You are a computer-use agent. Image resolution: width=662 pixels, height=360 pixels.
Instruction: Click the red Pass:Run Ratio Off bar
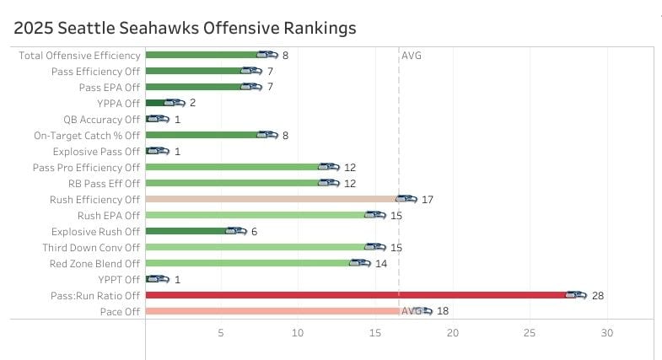[x=354, y=295]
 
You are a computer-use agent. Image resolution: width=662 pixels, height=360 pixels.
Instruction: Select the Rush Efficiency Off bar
[x=270, y=199]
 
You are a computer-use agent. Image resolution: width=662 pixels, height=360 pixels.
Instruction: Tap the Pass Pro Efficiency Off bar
[x=232, y=167]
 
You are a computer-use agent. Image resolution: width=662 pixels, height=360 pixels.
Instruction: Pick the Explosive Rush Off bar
[x=186, y=231]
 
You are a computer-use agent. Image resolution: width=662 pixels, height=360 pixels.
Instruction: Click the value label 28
[x=598, y=296]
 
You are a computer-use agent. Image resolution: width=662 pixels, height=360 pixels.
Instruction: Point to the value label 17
[x=427, y=200]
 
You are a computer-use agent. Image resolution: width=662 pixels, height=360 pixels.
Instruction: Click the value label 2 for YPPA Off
[x=193, y=104]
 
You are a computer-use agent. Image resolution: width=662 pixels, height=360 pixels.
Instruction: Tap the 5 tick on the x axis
[x=221, y=334]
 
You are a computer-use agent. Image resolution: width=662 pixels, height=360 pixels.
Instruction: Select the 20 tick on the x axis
[x=453, y=334]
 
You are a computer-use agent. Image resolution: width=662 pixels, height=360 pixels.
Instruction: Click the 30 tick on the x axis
[x=607, y=334]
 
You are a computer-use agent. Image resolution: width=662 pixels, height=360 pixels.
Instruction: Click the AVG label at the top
[x=412, y=56]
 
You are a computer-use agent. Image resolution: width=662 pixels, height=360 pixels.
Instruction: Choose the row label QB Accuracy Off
[x=101, y=120]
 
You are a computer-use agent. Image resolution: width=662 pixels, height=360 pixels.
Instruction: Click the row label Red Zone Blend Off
[x=94, y=263]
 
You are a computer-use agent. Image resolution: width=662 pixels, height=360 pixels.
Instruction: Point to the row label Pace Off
[x=121, y=312]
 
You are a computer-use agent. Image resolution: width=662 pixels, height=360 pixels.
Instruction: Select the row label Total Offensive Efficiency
[x=79, y=56]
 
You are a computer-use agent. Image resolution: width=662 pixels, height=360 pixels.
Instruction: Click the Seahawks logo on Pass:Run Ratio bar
[x=575, y=295]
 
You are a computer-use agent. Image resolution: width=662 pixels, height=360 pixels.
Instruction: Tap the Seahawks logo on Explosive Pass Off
[x=158, y=152]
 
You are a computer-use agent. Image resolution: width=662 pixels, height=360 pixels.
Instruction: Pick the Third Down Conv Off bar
[x=257, y=247]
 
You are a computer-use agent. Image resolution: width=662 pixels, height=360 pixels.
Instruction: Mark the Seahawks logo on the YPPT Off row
[x=158, y=279]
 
